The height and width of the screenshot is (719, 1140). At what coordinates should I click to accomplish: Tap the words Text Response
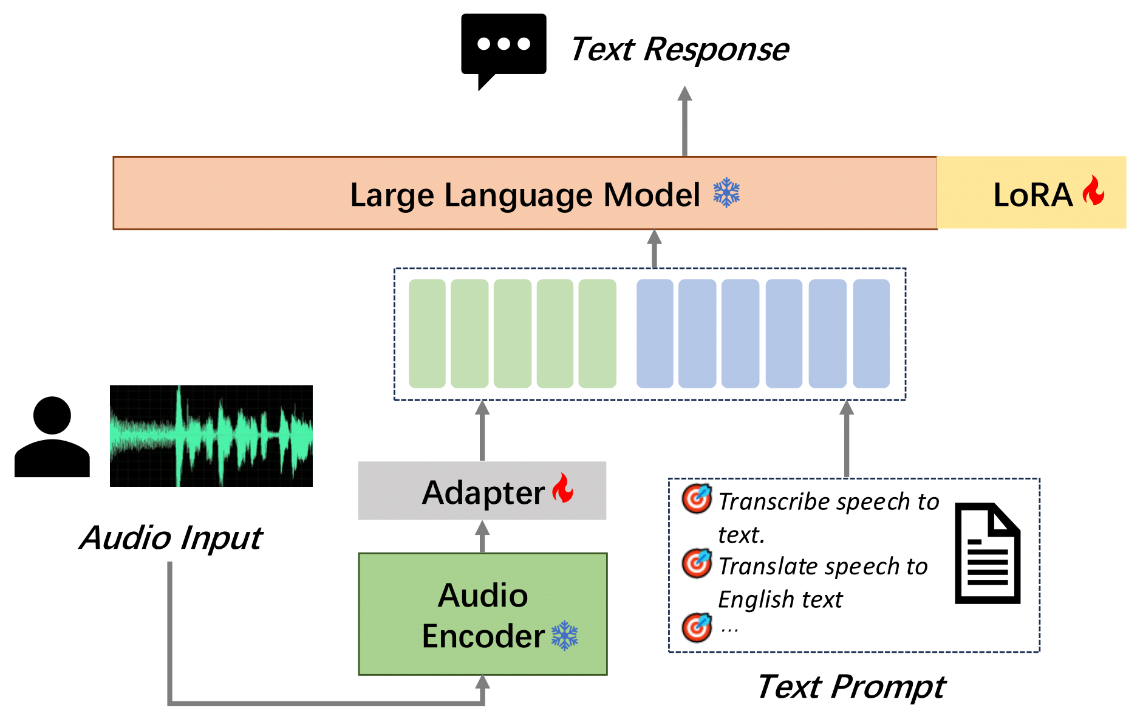(x=679, y=49)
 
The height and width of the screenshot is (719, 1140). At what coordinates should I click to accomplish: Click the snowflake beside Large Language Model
(x=726, y=193)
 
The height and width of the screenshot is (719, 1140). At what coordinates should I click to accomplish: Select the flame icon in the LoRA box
(x=1093, y=191)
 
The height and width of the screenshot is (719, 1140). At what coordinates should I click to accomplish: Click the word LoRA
(x=1032, y=195)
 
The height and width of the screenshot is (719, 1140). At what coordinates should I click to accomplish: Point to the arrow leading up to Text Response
(x=684, y=122)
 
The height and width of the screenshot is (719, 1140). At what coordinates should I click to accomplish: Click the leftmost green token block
(x=427, y=333)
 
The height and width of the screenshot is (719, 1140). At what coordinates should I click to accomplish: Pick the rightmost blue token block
(x=871, y=333)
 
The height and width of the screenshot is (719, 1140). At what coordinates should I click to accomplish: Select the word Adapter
(x=483, y=492)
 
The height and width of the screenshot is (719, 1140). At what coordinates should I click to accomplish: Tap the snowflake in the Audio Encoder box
(x=564, y=636)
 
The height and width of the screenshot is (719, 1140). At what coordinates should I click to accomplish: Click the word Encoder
(x=483, y=636)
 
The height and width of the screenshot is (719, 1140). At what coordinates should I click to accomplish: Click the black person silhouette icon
(x=52, y=438)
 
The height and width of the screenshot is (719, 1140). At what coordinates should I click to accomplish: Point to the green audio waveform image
(x=211, y=436)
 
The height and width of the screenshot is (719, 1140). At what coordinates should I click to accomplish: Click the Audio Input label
(x=171, y=538)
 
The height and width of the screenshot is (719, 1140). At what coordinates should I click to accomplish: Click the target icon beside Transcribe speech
(x=696, y=499)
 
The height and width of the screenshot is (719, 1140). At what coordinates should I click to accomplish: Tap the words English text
(x=780, y=599)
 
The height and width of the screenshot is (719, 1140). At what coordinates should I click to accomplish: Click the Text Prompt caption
(x=850, y=687)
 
